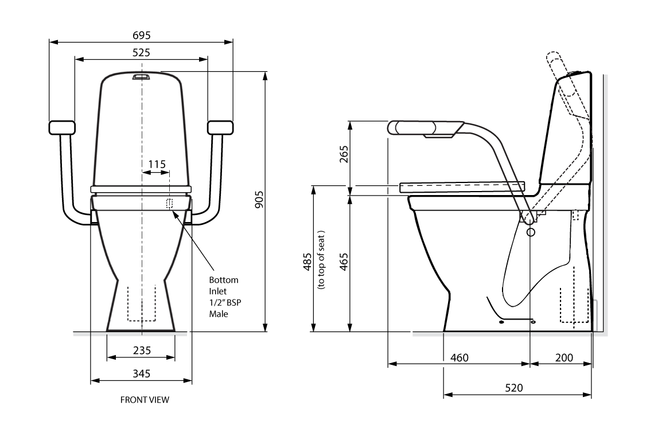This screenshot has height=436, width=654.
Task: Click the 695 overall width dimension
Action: point(142,36)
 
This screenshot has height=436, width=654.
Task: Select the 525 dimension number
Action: point(142,53)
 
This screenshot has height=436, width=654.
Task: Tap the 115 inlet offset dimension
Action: point(157,164)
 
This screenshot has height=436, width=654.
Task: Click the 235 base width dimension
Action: point(142,350)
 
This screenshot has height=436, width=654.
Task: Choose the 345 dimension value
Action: point(142,373)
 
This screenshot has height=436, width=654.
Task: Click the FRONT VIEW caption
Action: point(145,400)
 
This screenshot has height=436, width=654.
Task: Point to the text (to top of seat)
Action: point(321,261)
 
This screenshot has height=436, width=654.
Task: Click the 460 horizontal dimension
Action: point(459,357)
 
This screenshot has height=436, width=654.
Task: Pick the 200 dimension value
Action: point(565,357)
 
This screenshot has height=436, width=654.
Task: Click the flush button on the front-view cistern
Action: point(141,76)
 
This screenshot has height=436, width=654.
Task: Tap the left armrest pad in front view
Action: point(62,127)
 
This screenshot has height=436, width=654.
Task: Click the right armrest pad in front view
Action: point(220,127)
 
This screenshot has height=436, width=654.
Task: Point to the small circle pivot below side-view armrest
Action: point(530,232)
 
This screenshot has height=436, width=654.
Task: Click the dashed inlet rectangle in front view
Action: point(169,203)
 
